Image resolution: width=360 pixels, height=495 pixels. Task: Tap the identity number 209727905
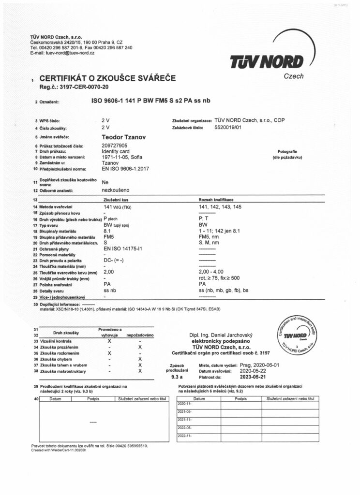115,146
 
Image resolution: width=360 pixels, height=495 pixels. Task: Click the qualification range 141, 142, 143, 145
223,206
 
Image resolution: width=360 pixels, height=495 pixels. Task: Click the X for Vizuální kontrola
110,341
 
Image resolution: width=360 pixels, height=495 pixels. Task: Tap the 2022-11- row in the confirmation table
185,436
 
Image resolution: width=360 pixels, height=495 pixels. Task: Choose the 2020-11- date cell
185,403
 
